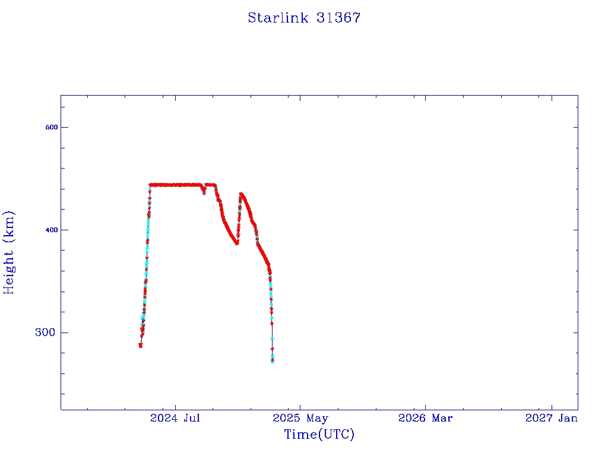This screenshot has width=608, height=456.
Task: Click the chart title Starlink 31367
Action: point(304,18)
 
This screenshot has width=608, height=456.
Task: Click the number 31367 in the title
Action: point(338,18)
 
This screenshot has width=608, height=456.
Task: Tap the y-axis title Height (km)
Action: point(8,252)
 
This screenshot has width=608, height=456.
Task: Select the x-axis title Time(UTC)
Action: point(319,434)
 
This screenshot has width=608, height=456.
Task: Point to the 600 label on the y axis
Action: point(52,127)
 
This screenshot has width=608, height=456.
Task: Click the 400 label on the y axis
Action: point(52,230)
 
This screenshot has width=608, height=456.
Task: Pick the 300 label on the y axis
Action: point(45,332)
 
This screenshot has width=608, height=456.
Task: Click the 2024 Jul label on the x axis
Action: point(175,418)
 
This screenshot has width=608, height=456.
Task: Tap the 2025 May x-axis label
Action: point(300,418)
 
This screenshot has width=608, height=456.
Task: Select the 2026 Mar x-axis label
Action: point(425,418)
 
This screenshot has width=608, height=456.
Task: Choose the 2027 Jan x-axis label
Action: point(552,418)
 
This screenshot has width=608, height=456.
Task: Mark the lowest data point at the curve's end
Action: point(273,362)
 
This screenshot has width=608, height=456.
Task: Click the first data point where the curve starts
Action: point(140,345)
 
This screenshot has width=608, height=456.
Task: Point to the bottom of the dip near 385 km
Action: point(236,243)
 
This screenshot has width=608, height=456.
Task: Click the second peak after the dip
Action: point(241,194)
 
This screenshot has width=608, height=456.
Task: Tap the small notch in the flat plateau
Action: point(204,192)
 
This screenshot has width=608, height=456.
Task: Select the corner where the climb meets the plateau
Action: point(150,185)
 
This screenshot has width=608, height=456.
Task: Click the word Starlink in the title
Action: point(278,18)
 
